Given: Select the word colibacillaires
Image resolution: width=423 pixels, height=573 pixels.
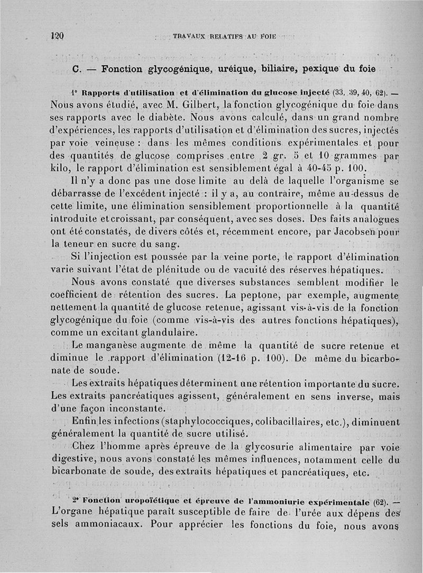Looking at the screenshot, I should (301, 421).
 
